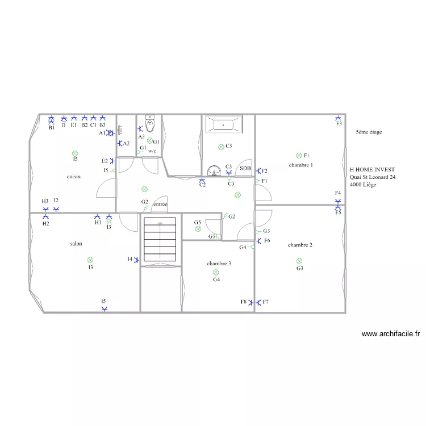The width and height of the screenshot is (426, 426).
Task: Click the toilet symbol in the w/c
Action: click(x=150, y=124)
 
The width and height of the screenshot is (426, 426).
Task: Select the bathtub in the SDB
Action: click(x=224, y=124)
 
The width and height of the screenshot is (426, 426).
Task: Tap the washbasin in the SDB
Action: click(x=214, y=170)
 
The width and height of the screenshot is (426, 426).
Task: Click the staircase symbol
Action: click(x=160, y=239)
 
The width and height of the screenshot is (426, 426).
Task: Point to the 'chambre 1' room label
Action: click(x=300, y=165)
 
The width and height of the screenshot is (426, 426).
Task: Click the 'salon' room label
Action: click(x=76, y=244)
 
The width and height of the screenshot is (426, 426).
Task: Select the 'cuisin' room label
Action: click(x=74, y=177)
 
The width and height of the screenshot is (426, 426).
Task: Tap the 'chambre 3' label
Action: click(x=219, y=263)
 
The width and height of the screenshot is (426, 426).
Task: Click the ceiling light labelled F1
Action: click(x=299, y=156)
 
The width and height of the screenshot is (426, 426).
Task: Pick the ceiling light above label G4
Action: click(x=216, y=272)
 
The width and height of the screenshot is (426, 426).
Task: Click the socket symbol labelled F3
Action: click(x=338, y=118)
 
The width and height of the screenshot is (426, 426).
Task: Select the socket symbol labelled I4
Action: click(x=137, y=260)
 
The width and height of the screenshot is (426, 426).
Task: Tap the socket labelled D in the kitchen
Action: click(x=64, y=118)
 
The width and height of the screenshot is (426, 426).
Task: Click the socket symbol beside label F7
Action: click(x=258, y=302)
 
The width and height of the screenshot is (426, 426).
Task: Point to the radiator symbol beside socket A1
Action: click(x=120, y=130)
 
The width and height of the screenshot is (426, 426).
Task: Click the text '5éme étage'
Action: click(x=369, y=132)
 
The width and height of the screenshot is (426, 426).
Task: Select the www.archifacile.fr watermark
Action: click(x=391, y=333)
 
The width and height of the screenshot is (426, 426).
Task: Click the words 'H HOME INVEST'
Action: click(x=372, y=169)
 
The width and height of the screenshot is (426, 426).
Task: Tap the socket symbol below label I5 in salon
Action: click(x=105, y=309)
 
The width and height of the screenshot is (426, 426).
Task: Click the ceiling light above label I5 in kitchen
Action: click(x=75, y=153)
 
